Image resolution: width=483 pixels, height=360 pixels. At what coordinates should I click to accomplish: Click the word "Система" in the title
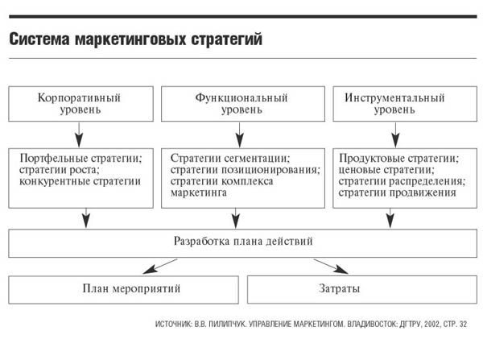(39, 39)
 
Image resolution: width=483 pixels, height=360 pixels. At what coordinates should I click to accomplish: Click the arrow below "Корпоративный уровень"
(79, 135)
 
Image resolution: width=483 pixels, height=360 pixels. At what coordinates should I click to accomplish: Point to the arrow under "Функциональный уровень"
(240, 135)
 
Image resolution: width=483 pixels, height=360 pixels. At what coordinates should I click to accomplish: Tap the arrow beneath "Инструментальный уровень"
(395, 135)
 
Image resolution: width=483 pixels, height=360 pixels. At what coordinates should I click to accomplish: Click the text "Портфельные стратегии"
(80, 158)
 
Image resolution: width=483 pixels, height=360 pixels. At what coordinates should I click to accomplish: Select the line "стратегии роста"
(59, 170)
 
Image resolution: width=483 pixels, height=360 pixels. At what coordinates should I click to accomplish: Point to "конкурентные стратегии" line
(80, 181)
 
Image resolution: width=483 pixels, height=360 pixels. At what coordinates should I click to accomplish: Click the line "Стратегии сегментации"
(229, 158)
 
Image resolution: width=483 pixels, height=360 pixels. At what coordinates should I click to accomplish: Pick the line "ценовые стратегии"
(386, 170)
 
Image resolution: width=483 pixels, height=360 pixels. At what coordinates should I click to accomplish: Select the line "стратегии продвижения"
(397, 192)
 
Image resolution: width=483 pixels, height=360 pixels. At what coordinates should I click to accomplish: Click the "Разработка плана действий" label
(243, 241)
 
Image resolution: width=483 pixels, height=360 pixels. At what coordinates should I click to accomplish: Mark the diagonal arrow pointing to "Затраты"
(331, 267)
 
